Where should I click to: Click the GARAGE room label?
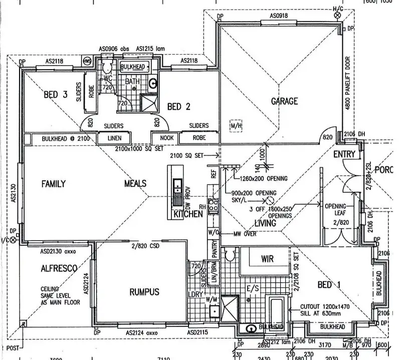click(284, 101)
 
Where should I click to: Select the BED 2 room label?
click(179, 106)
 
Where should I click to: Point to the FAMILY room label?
click(53, 184)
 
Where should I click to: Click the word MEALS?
click(135, 184)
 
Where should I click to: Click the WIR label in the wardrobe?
click(267, 259)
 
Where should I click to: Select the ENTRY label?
click(344, 154)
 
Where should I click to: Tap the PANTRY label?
click(214, 249)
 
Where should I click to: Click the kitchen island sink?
click(177, 186)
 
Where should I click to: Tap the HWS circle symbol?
click(87, 61)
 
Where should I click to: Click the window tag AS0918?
click(278, 16)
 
